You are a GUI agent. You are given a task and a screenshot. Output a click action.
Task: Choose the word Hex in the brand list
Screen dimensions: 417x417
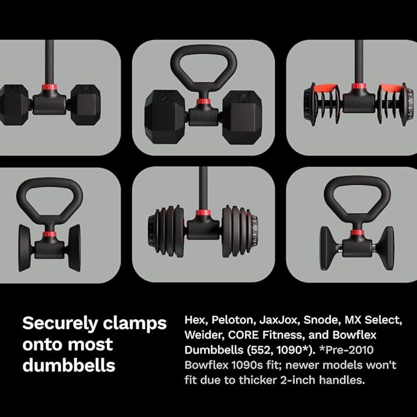click(x=193, y=321)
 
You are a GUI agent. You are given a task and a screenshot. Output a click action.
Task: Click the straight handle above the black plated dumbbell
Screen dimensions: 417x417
click(x=203, y=187)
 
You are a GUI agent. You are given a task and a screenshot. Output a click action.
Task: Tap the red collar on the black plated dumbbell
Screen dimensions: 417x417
click(x=203, y=214)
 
